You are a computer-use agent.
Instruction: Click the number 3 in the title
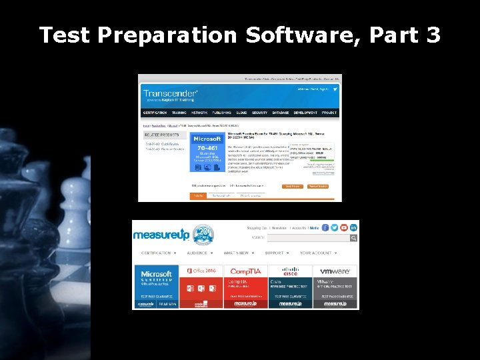(433, 34)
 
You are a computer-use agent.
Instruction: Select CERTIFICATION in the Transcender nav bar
(155, 113)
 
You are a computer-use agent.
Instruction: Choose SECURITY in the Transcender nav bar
(260, 113)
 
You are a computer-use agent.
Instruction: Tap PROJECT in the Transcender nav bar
(329, 113)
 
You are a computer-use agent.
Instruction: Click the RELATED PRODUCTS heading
(162, 133)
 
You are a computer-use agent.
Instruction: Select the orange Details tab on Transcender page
(197, 196)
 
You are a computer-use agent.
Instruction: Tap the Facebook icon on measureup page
(325, 228)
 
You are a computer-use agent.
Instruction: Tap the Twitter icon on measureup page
(335, 228)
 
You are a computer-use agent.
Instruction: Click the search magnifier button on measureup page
(354, 237)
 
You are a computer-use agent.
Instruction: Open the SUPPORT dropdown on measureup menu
(277, 253)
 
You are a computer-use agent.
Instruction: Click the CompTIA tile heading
(246, 271)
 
